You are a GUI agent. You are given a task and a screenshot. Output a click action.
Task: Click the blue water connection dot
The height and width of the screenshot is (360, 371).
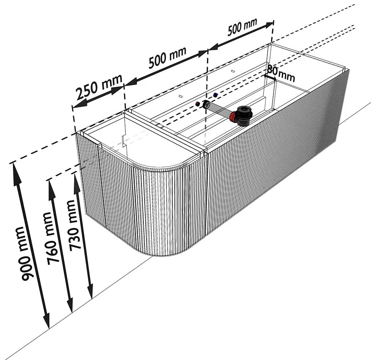[215, 95]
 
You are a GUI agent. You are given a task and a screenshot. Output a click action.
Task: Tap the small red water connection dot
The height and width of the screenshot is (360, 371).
[197, 104]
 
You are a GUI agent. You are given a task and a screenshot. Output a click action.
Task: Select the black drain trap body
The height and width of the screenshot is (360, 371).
[243, 115]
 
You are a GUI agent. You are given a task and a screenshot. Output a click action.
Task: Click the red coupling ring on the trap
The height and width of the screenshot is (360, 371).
[234, 117]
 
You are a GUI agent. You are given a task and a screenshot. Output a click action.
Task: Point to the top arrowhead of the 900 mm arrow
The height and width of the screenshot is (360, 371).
[16, 168]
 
